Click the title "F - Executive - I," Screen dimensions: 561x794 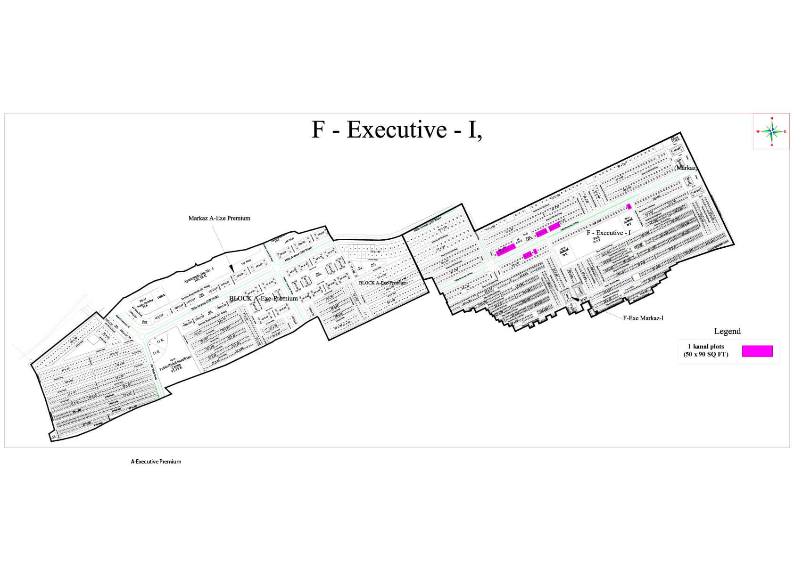click(x=397, y=130)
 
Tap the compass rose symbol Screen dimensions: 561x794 click(x=771, y=131)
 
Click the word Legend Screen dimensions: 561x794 click(x=727, y=331)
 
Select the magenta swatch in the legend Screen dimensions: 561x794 click(x=757, y=351)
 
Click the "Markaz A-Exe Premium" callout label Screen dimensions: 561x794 click(x=219, y=218)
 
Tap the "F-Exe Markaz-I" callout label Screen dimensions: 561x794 click(x=643, y=318)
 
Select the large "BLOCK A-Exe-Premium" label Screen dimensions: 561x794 click(x=263, y=298)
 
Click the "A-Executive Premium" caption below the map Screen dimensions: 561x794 click(x=156, y=462)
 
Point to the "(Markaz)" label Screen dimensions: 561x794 click(x=685, y=168)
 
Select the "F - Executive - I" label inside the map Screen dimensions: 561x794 click(x=608, y=233)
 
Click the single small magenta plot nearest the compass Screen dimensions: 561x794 click(x=629, y=206)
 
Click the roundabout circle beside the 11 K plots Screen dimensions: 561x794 click(x=141, y=336)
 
